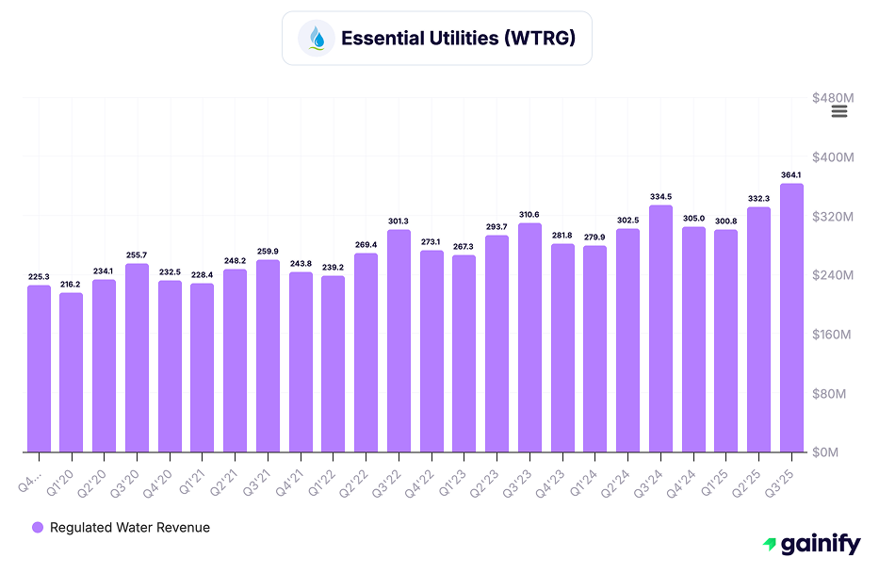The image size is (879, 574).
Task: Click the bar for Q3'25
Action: point(791,318)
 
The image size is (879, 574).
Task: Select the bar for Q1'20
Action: point(72,372)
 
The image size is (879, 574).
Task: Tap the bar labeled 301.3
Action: point(399,341)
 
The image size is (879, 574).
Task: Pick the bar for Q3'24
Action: point(660,329)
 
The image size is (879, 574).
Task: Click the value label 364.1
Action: point(791,175)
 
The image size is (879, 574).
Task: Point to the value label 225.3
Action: point(39,277)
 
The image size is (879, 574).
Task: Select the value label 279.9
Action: point(595,238)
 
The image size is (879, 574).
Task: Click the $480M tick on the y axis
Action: point(833,97)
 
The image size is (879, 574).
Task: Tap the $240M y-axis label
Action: point(833,275)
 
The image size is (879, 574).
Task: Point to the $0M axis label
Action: point(837,452)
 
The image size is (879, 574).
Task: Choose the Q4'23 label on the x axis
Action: point(556,471)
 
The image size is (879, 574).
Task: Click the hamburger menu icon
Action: point(839,111)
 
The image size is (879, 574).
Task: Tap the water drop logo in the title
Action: point(317,39)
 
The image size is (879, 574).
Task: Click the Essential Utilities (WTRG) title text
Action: point(458,39)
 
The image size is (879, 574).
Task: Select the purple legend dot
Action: point(38,528)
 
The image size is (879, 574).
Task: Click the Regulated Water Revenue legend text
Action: point(130,528)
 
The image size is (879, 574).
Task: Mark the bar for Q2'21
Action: point(235,361)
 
